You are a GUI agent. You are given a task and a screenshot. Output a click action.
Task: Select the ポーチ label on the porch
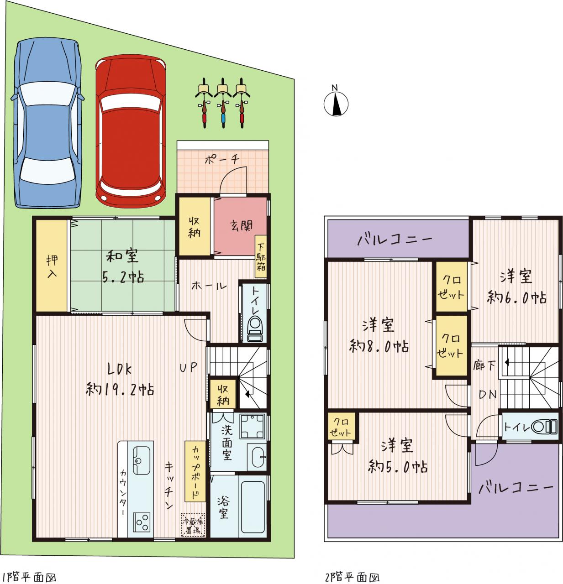[x=222, y=159]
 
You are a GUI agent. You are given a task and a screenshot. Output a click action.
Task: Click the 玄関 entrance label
[x=241, y=225]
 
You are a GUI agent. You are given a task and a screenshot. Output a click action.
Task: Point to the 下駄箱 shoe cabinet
[x=261, y=256]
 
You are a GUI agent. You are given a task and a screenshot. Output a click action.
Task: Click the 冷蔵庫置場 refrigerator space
[x=193, y=525]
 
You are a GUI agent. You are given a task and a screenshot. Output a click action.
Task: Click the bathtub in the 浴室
[x=253, y=507]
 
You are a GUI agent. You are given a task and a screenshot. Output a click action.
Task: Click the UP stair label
[x=189, y=367]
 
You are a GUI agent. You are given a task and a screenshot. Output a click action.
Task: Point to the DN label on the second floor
[x=487, y=394]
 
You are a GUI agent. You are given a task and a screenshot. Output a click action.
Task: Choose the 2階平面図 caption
[x=352, y=577]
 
